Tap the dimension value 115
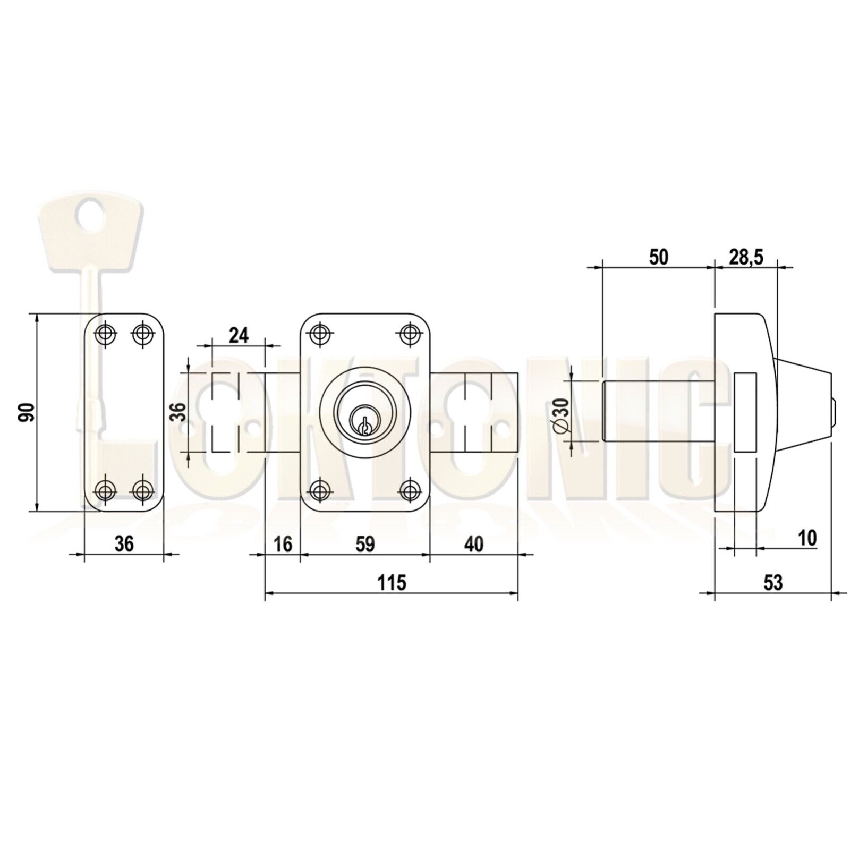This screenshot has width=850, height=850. (x=392, y=583)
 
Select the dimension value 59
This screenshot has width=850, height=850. (x=364, y=544)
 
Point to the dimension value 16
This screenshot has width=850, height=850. (x=284, y=544)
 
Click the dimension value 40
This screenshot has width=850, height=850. (x=474, y=544)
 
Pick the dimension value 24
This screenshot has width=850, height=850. (x=239, y=335)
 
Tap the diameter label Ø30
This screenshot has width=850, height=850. (x=563, y=412)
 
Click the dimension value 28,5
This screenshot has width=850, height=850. (x=745, y=258)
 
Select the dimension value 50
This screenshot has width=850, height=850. (x=658, y=258)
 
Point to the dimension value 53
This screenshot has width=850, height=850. (x=773, y=583)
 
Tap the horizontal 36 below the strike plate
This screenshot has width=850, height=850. (x=124, y=544)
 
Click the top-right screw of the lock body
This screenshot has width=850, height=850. (x=409, y=333)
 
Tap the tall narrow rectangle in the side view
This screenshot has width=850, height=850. (x=745, y=412)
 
